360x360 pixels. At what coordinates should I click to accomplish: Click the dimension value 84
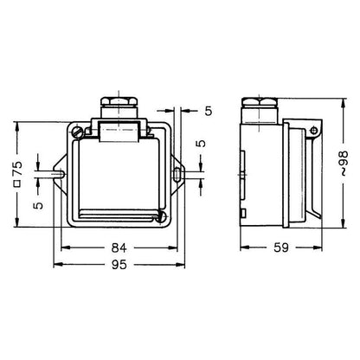(x=119, y=247)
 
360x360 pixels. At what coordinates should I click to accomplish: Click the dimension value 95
(x=119, y=265)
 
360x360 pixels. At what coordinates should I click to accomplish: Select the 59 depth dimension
(x=281, y=247)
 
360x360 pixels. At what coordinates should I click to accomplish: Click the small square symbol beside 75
(x=17, y=183)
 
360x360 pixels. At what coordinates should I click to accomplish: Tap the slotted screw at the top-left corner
(x=78, y=132)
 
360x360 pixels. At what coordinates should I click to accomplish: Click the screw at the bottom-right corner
(x=162, y=216)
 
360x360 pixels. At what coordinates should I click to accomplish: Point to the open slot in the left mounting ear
(x=59, y=174)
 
